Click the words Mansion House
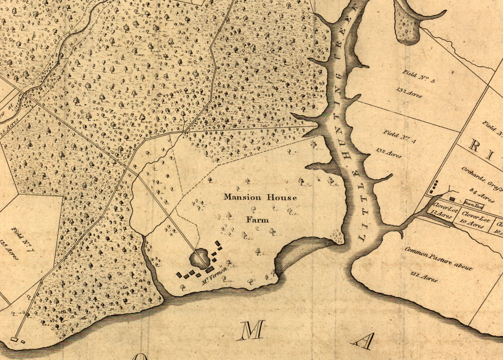click(260, 197)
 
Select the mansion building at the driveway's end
click(210, 268)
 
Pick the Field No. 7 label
click(23, 238)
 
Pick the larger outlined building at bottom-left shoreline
click(14, 340)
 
